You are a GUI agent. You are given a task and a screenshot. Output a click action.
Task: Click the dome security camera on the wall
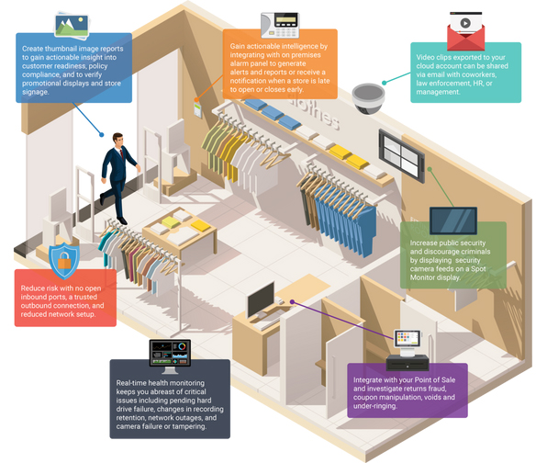point(368,98)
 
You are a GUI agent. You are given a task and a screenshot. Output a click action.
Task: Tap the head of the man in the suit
point(117,139)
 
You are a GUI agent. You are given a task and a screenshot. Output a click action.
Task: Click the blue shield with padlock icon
point(64,261)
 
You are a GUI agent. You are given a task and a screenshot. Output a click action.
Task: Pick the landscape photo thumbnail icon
point(72,26)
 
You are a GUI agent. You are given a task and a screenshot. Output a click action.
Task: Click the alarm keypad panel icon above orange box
point(280,25)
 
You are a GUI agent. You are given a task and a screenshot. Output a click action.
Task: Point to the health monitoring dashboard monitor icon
point(170,356)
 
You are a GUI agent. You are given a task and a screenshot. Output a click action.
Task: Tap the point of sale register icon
point(407,350)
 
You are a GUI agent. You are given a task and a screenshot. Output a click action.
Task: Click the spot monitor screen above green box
point(453,220)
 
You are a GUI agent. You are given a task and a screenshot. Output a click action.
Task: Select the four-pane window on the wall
point(401,155)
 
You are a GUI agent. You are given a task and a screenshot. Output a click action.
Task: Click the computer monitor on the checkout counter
point(261,299)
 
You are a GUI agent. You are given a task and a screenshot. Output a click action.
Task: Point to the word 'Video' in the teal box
point(425,57)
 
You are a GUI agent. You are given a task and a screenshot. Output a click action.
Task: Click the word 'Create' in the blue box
point(32,49)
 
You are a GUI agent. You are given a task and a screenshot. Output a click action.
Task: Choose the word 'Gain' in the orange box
point(237,46)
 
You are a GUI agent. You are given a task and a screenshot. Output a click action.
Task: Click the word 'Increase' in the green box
point(423,243)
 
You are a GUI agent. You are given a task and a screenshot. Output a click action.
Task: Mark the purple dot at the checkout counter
point(293,302)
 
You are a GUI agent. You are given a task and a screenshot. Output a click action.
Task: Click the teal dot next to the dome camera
point(384,83)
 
